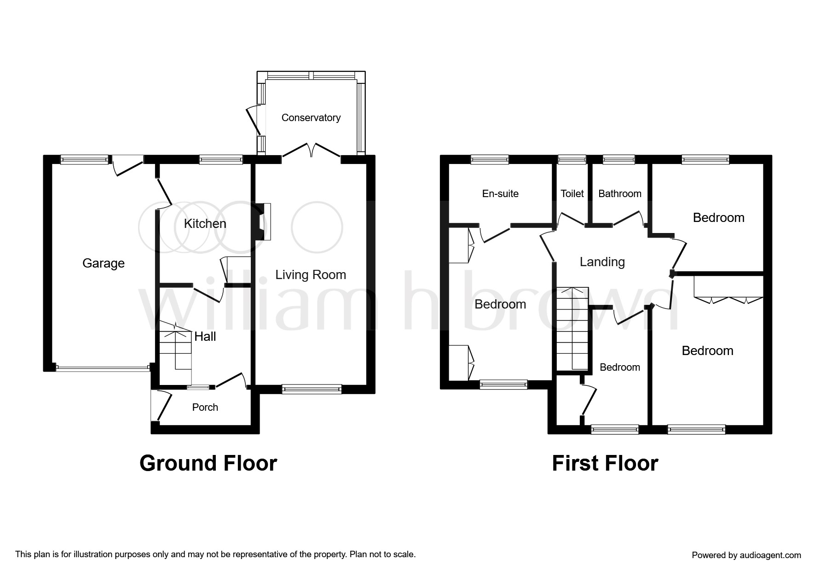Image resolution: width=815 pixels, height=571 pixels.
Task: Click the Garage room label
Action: coord(104,263)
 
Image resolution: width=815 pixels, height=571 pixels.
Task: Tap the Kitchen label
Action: coord(205,224)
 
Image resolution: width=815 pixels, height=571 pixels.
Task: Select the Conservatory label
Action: coord(311,118)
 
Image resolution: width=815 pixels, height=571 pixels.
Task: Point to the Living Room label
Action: coord(311,275)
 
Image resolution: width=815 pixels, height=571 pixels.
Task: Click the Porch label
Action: coord(205,407)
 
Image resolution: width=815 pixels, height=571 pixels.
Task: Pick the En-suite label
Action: coord(500,194)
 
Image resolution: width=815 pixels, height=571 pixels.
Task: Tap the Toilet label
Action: coord(572,194)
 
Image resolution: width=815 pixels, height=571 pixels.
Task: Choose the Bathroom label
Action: coord(620,194)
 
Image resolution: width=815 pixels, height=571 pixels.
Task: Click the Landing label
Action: coord(602,262)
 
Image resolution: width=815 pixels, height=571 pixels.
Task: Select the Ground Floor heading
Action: coord(208,463)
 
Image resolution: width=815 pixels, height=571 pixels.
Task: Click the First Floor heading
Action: coord(605,463)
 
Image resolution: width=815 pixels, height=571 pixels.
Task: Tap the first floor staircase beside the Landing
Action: coord(572,328)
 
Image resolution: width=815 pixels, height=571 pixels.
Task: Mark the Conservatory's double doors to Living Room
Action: coord(312,151)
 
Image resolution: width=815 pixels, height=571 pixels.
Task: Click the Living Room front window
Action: coord(312,389)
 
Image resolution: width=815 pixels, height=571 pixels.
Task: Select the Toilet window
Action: coord(572,160)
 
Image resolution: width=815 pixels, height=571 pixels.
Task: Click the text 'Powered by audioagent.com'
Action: coord(746,555)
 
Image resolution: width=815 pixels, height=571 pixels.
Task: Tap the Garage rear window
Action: coord(85,160)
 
